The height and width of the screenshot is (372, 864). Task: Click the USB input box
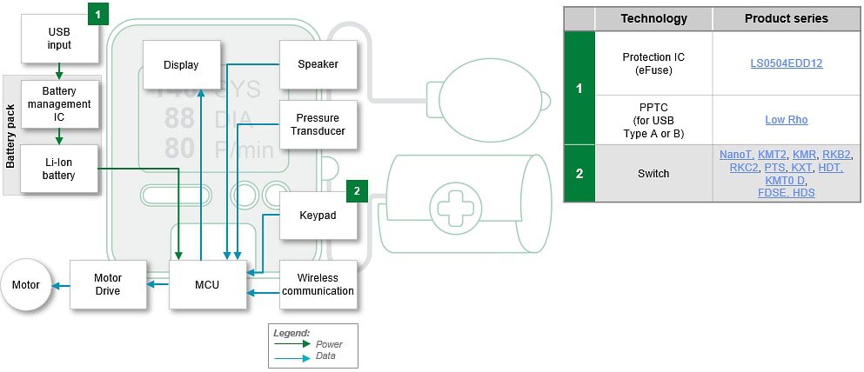click(59, 39)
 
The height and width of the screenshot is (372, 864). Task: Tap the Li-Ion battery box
click(59, 169)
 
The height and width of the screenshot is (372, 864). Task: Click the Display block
click(181, 64)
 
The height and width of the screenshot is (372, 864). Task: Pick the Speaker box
click(318, 64)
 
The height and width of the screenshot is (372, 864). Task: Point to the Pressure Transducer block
click(318, 124)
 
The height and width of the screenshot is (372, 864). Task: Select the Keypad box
click(318, 215)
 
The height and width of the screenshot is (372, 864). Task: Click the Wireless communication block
click(318, 284)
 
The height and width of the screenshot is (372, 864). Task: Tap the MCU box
click(207, 284)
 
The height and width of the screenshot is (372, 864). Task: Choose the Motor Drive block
click(107, 284)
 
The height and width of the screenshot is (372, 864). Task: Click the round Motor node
click(26, 284)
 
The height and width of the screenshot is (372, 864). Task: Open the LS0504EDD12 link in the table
click(787, 63)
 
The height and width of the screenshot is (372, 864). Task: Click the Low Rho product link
click(787, 120)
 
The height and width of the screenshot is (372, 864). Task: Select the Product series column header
click(787, 18)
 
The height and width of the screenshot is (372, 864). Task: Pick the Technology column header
click(653, 18)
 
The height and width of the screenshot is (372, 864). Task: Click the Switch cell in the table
click(653, 173)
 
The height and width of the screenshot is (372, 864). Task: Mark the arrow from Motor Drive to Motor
click(60, 284)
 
